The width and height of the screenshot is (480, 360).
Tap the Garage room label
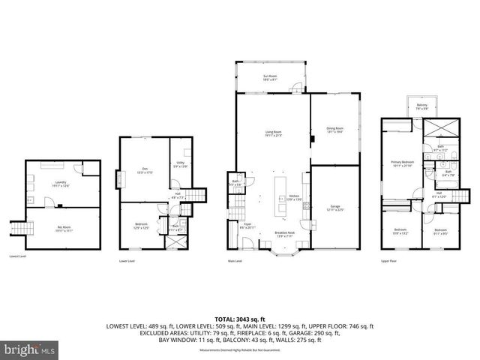point(334,208)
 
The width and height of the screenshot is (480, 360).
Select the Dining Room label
point(334,131)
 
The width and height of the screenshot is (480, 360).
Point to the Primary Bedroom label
point(402,163)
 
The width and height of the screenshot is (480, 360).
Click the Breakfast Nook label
point(285,233)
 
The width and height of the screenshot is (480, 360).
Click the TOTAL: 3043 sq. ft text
point(240,319)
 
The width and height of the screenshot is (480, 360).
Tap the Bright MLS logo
point(28,349)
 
